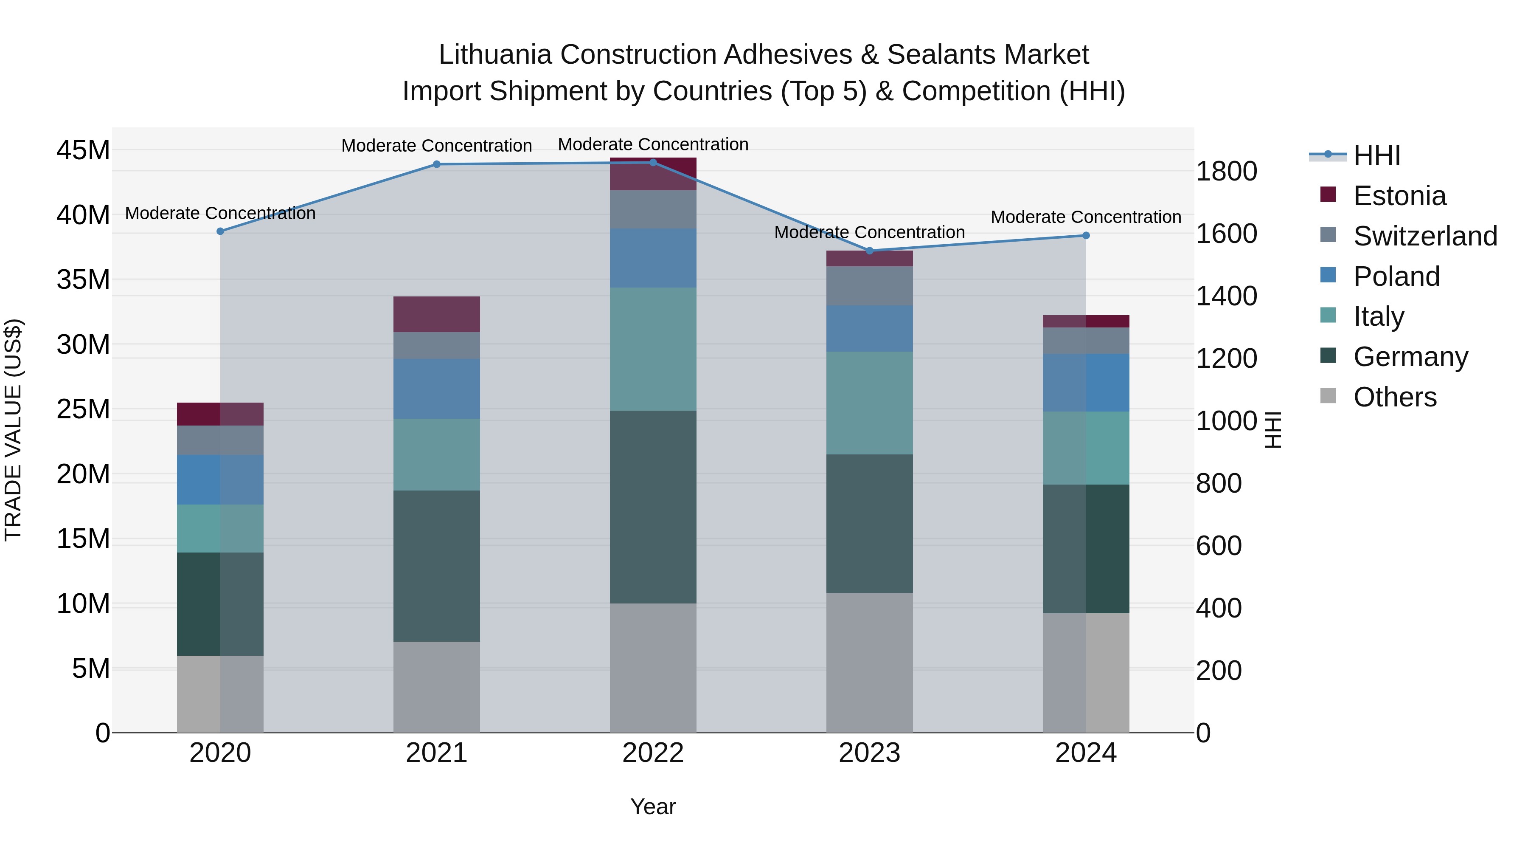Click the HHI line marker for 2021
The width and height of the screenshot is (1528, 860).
point(437,164)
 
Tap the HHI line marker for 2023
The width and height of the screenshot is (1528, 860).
point(870,251)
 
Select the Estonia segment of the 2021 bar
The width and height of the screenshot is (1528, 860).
point(437,314)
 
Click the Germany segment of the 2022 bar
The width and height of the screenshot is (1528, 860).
point(653,507)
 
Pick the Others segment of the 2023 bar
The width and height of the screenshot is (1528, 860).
point(870,663)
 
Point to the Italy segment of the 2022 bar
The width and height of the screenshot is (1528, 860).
point(653,349)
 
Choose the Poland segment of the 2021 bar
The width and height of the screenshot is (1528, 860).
point(437,389)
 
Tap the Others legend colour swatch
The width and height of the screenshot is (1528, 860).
point(1328,396)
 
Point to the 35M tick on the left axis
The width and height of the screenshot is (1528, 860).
point(83,279)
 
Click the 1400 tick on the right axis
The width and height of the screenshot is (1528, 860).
point(1225,296)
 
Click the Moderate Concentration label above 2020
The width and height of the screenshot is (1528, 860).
point(220,213)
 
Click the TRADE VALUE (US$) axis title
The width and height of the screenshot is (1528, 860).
point(13,430)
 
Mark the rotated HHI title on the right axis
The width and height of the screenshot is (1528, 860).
point(1273,430)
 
